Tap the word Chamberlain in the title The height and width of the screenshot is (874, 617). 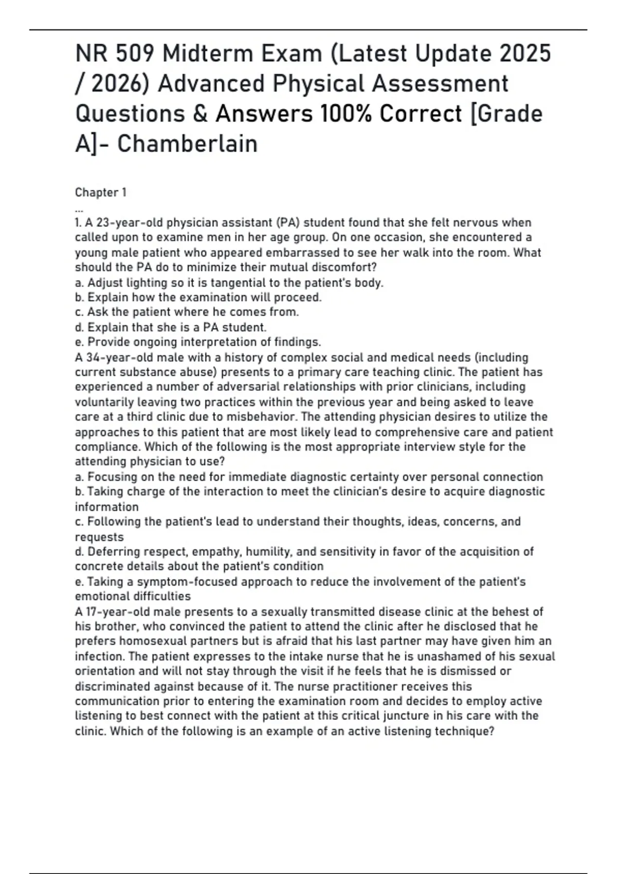click(x=187, y=144)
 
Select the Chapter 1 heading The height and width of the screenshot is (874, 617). click(x=101, y=193)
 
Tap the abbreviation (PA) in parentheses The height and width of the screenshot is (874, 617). click(x=288, y=223)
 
